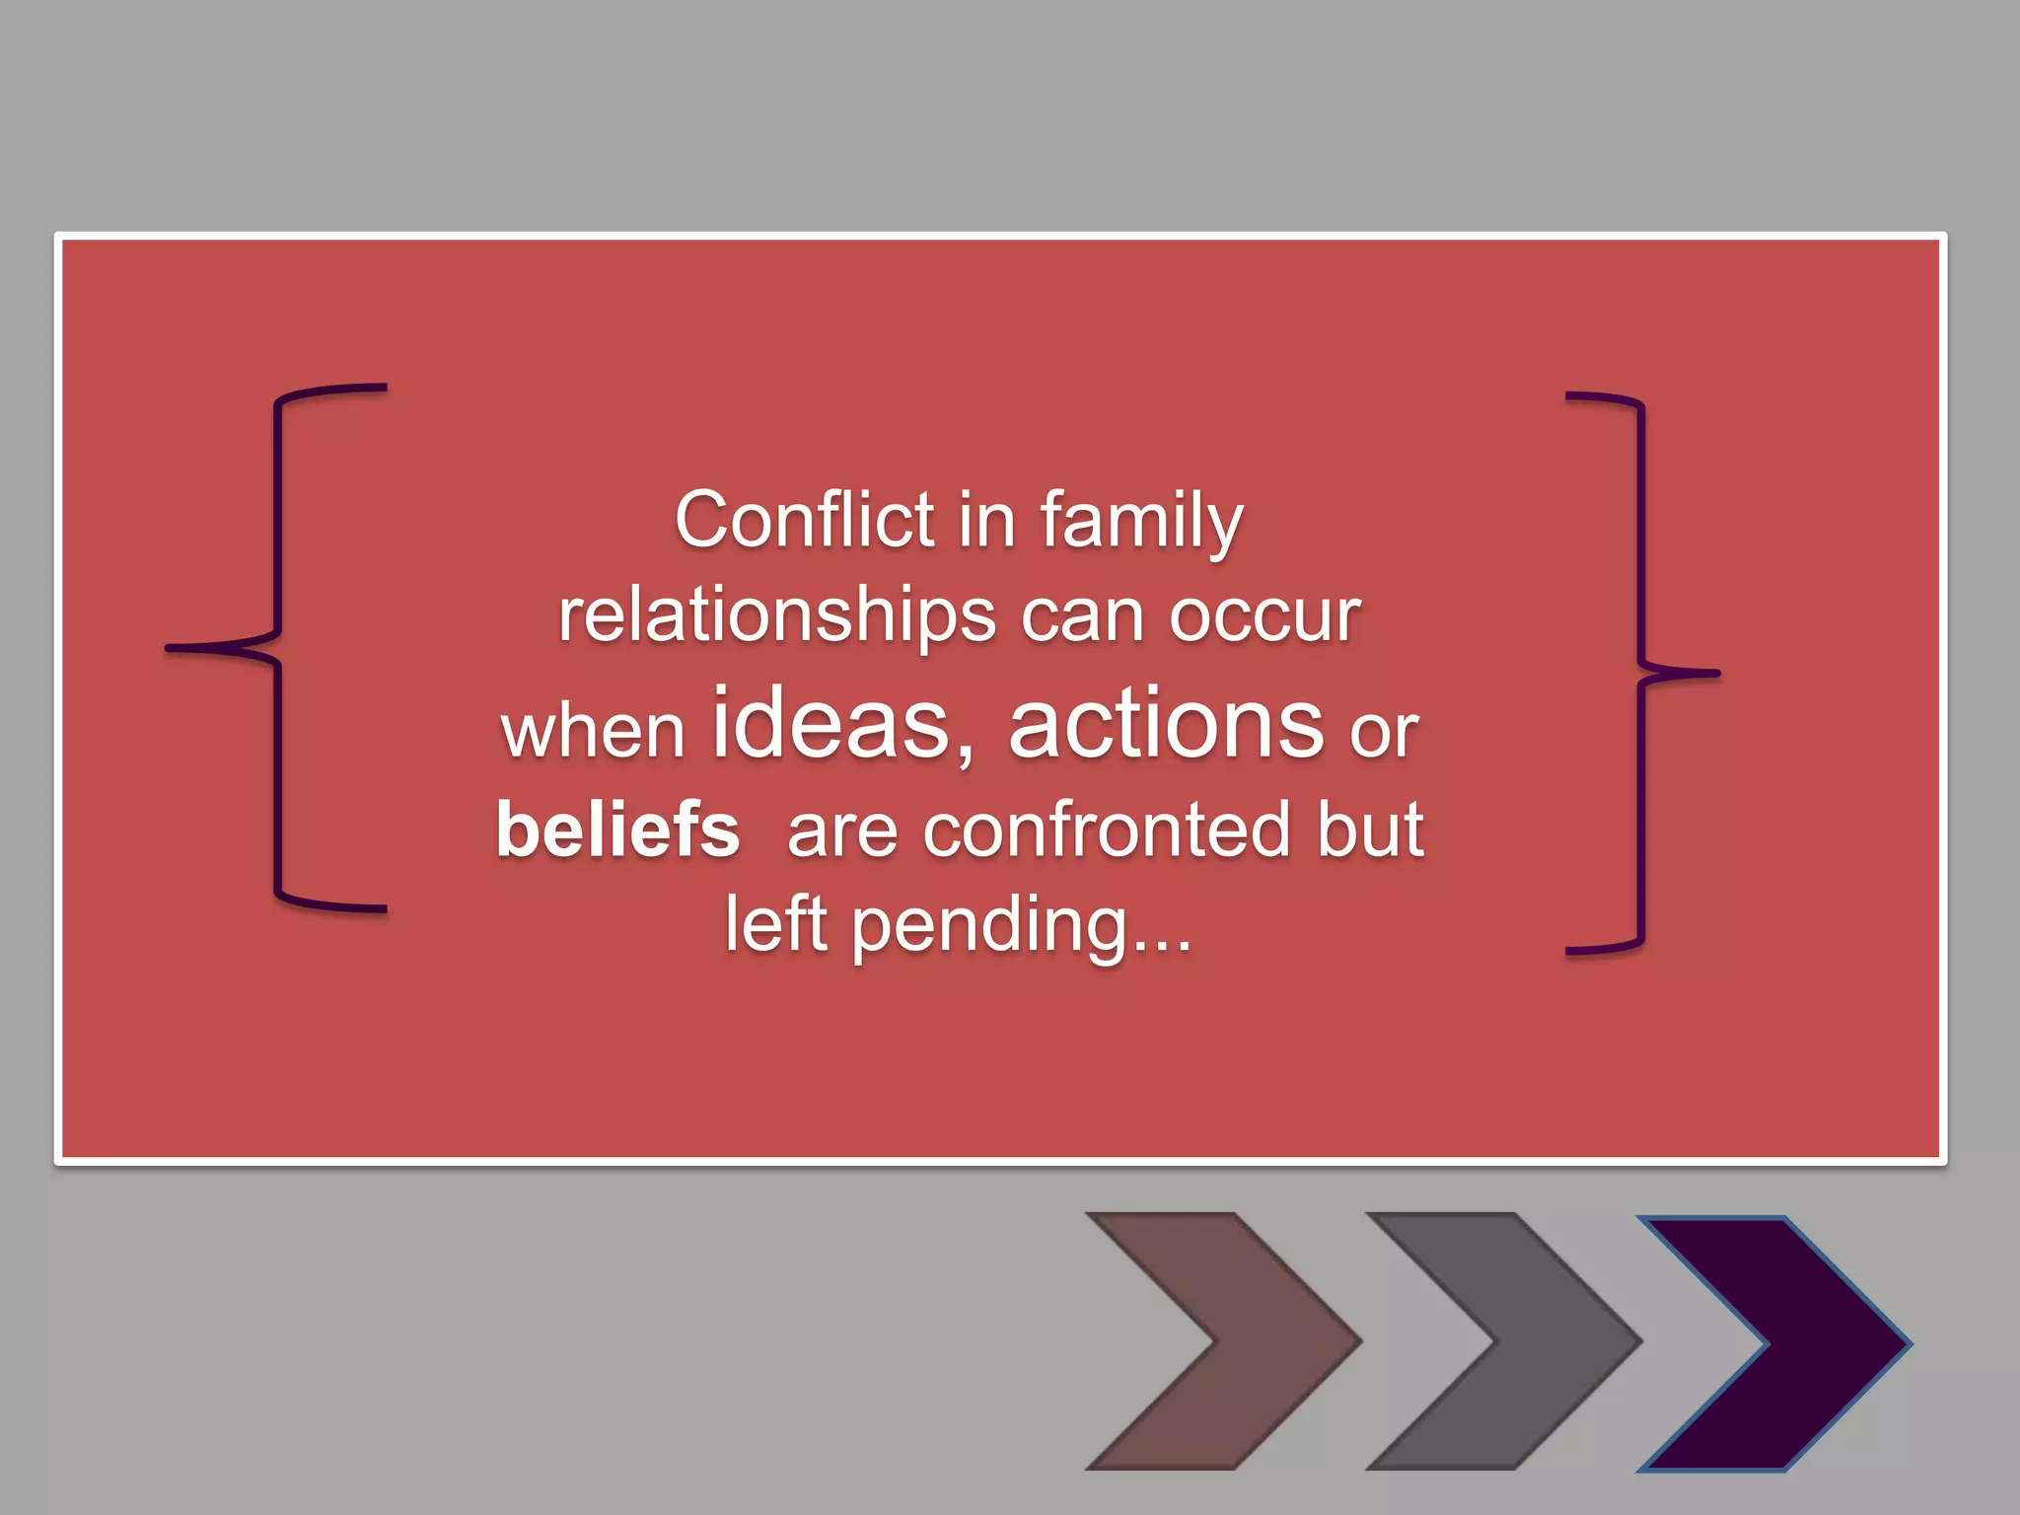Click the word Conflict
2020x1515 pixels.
pyautogui.click(x=804, y=520)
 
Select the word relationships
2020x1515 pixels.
pyautogui.click(x=777, y=617)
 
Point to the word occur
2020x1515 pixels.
pyautogui.click(x=1264, y=617)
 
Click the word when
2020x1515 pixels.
pyautogui.click(x=593, y=732)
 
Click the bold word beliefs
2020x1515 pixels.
pyautogui.click(x=617, y=830)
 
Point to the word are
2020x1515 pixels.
pyautogui.click(x=842, y=831)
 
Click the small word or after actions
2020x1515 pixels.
pyautogui.click(x=1384, y=732)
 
